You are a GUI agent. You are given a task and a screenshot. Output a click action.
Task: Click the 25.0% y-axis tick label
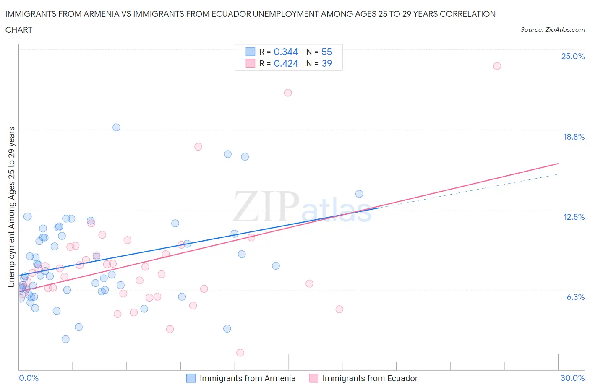pyautogui.click(x=573, y=56)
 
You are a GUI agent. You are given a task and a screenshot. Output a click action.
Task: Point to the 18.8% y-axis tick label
pyautogui.click(x=574, y=137)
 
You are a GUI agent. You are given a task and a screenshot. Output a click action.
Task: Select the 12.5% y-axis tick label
pyautogui.click(x=574, y=217)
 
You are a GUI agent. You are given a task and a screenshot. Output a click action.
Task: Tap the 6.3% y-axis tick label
pyautogui.click(x=575, y=297)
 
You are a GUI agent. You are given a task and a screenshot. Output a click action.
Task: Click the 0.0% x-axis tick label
pyautogui.click(x=29, y=378)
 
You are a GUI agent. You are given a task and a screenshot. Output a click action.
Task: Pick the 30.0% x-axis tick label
pyautogui.click(x=572, y=378)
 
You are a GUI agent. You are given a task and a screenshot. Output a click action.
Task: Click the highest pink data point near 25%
pyautogui.click(x=497, y=66)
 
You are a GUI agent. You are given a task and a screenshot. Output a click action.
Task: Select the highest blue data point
pyautogui.click(x=117, y=127)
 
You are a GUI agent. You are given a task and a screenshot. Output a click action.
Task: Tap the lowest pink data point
pyautogui.click(x=240, y=353)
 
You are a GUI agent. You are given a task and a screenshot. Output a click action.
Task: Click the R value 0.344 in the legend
pyautogui.click(x=286, y=52)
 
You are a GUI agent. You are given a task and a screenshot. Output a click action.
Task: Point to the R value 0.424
pyautogui.click(x=286, y=63)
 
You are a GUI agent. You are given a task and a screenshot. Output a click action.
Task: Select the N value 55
pyautogui.click(x=326, y=52)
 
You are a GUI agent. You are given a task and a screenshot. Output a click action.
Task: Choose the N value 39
pyautogui.click(x=326, y=63)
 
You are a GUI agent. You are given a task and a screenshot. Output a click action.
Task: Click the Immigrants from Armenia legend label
pyautogui.click(x=247, y=378)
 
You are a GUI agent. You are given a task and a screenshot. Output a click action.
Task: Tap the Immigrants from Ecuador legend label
pyautogui.click(x=370, y=378)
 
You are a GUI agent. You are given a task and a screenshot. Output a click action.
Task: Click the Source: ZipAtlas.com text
pyautogui.click(x=552, y=29)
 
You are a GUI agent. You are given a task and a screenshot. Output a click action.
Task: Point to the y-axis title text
pyautogui.click(x=11, y=207)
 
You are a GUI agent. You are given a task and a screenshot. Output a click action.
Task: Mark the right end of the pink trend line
pyautogui.click(x=558, y=163)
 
